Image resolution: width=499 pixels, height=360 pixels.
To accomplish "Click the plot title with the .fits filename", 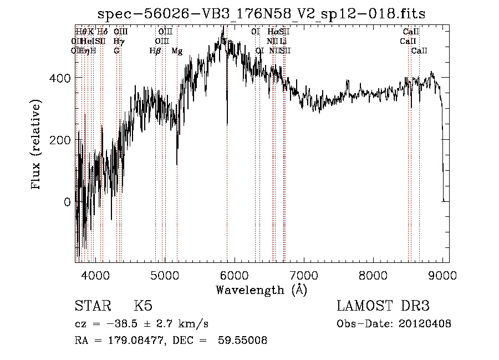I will pos(261,14).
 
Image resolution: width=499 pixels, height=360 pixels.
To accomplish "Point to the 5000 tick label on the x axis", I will pos(165,274).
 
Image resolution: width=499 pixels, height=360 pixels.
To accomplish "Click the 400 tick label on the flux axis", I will pos(60,78).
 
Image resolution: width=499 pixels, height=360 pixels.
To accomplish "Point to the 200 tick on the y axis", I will pos(60,140).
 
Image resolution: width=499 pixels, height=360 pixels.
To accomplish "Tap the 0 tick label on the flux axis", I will pos(67,202).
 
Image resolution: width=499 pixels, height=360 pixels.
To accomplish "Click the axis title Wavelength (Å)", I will pos(261,290).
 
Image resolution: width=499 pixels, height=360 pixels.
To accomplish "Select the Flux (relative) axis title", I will pos(37,145).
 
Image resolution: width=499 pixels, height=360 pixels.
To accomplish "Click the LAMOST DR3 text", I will pos(383,306).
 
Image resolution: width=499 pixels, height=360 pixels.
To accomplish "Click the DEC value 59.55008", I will pos(243,341).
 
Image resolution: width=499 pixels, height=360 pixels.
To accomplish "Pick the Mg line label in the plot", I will pos(177,51).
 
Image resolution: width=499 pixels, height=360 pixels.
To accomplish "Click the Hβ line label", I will pos(155,51).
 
